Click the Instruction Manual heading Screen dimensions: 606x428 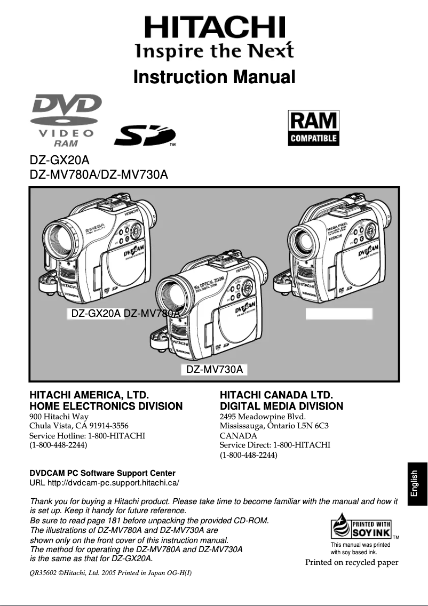214,77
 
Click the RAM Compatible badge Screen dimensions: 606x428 314,128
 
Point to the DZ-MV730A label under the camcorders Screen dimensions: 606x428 215,370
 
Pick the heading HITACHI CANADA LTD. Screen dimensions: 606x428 276,395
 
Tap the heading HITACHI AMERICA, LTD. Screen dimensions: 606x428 89,395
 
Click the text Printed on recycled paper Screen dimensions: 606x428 352,562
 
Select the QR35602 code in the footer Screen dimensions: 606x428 42,573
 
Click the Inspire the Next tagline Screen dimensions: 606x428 214,52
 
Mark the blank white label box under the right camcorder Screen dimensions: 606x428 338,314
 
